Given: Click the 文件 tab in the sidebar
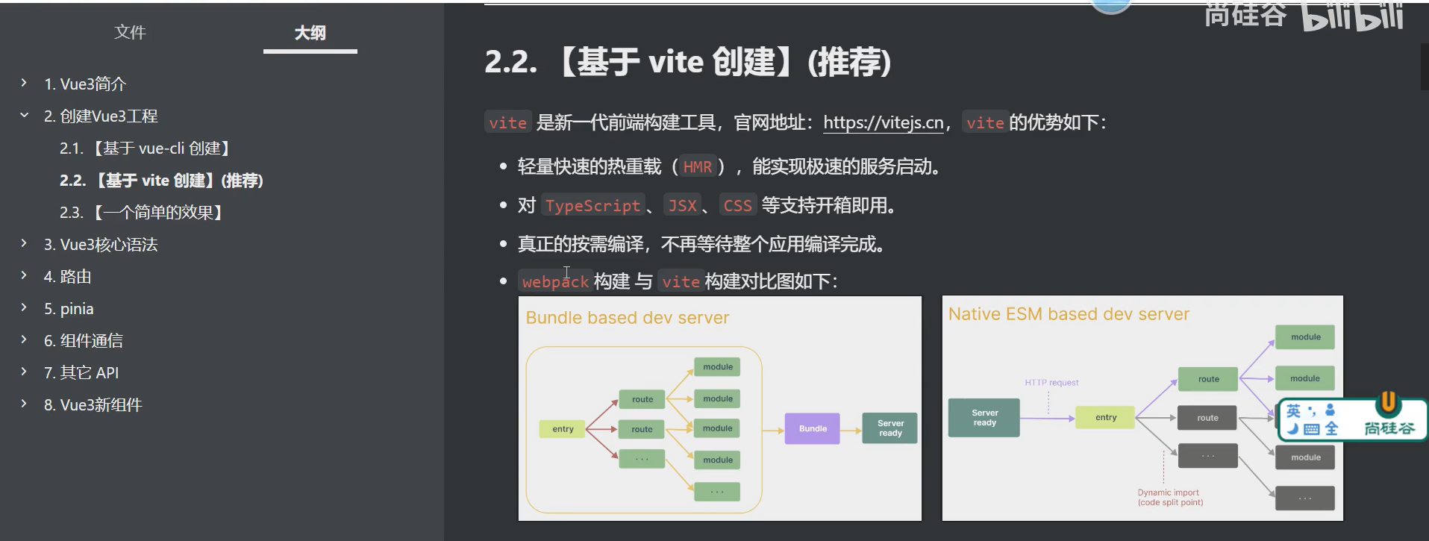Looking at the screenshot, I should (130, 33).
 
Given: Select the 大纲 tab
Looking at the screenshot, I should (310, 33).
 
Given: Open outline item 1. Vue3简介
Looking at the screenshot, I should (85, 84).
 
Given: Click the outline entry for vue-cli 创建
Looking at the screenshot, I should (146, 148).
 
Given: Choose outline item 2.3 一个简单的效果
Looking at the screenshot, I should (142, 213).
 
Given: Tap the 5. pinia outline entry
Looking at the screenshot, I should (69, 309).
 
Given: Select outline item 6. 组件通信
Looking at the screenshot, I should (83, 341).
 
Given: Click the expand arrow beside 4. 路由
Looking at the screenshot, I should (24, 275).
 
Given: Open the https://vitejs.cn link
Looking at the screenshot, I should (884, 122).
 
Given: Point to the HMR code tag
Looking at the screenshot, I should (697, 166).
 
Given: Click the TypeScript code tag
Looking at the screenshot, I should (592, 205).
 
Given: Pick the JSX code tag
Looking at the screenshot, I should (682, 205).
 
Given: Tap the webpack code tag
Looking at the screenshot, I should (555, 281).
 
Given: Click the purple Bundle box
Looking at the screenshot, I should (813, 428).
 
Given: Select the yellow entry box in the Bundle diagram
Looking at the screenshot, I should (563, 429).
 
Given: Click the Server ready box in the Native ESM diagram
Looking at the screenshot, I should (984, 417).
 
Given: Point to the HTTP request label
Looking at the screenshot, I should (1051, 382).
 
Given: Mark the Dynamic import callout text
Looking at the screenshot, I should (1169, 497).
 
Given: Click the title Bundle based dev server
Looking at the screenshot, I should (627, 318).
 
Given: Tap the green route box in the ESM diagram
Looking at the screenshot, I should (1208, 379).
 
